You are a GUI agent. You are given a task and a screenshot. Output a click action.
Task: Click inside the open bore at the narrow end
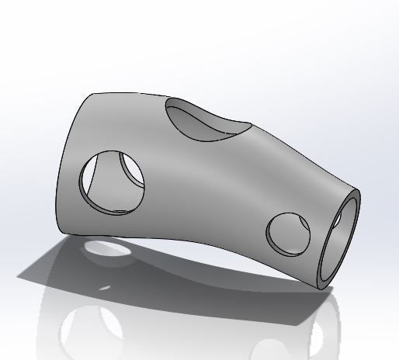pos(341,241)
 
